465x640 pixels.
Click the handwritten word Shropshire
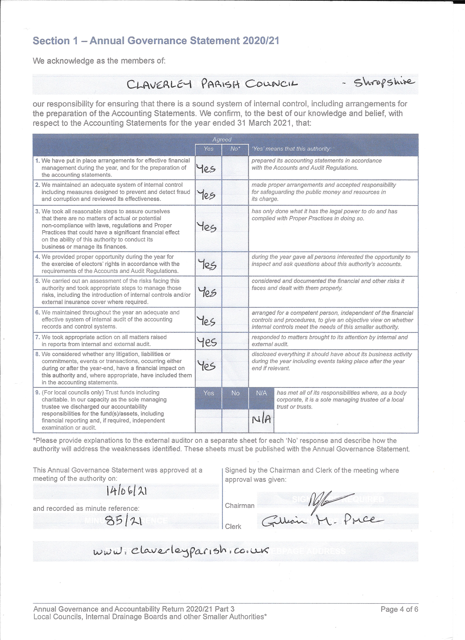384,83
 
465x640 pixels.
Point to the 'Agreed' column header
222,139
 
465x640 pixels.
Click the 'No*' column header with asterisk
235,149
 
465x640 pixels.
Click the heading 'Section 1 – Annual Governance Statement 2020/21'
156,41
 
